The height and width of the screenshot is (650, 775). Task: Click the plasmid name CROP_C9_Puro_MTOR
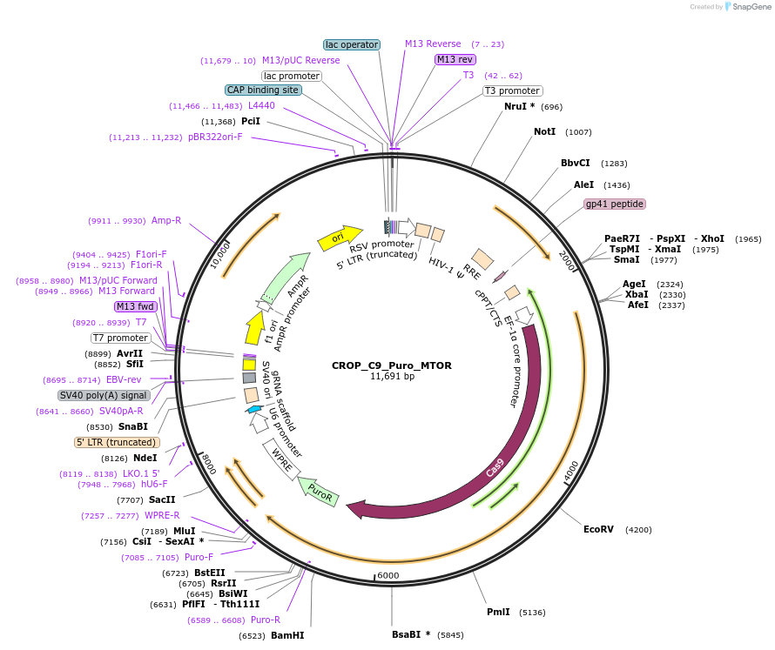click(x=391, y=365)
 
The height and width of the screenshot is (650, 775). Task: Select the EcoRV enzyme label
click(x=598, y=529)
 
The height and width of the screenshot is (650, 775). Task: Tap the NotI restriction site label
click(x=544, y=131)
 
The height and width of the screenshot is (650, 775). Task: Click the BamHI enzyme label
click(x=287, y=635)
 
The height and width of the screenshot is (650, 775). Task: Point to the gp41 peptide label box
click(x=615, y=204)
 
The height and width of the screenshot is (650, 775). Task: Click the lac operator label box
click(x=352, y=44)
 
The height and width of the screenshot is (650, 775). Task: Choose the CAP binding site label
click(x=263, y=90)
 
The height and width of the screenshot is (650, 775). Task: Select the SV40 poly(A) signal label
click(x=104, y=395)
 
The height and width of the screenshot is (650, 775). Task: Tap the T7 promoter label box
click(x=120, y=338)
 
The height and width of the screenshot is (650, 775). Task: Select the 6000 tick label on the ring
click(x=387, y=575)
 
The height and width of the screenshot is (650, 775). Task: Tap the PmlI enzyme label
click(x=498, y=612)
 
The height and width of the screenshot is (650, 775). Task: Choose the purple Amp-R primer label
click(x=165, y=220)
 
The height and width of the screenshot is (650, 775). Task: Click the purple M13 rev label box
click(x=455, y=59)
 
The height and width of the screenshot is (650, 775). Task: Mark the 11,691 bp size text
click(x=393, y=377)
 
